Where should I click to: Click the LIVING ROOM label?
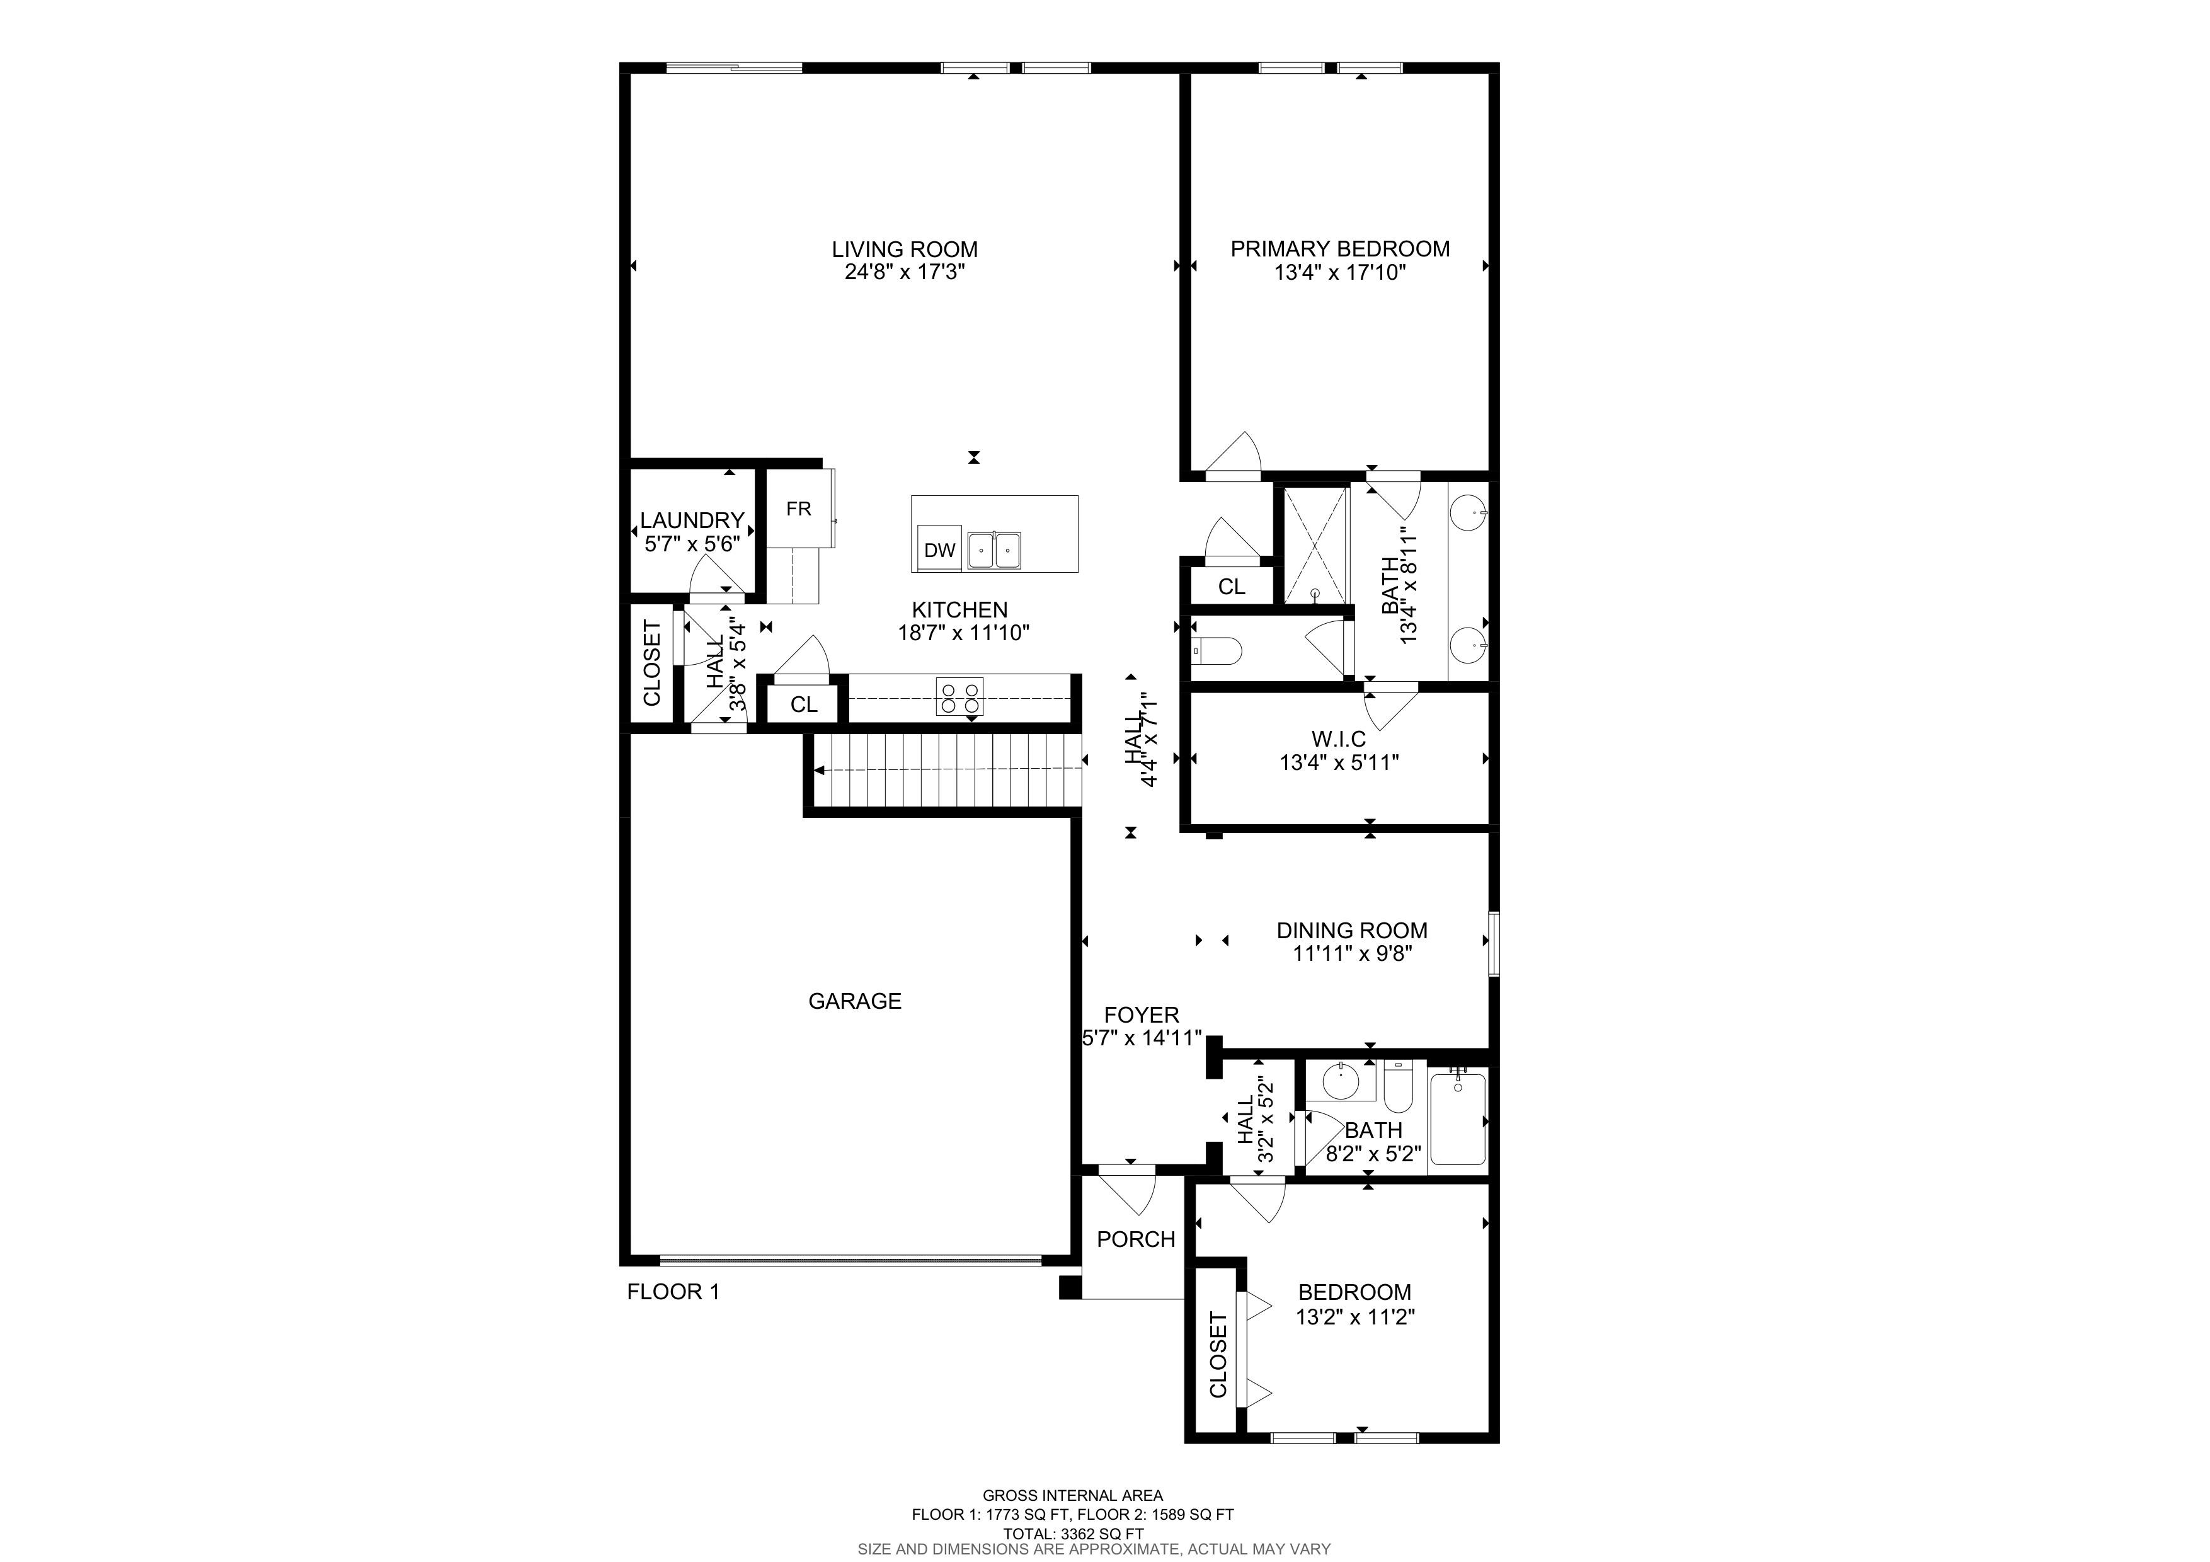tap(905, 250)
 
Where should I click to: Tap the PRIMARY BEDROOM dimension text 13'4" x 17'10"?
tap(1340, 272)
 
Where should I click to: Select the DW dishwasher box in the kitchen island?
tap(939, 549)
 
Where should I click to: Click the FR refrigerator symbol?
tap(799, 507)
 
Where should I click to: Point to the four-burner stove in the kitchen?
tap(959, 697)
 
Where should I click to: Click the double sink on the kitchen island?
tap(994, 551)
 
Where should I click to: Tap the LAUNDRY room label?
tap(692, 520)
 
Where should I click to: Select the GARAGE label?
tap(855, 1001)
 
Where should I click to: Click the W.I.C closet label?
tap(1339, 739)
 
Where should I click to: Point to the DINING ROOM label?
tap(1353, 931)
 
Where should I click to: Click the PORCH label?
tap(1136, 1239)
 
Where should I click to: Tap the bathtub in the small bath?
tap(1458, 1118)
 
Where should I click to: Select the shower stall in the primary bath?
tap(1316, 545)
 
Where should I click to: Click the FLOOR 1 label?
tap(673, 1292)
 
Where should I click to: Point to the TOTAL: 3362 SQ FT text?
tap(1074, 1534)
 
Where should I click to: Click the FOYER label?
tap(1142, 1015)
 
